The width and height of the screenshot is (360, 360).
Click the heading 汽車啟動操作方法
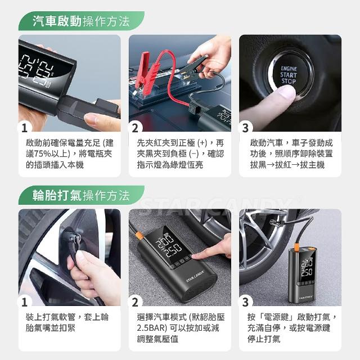(x=81, y=21)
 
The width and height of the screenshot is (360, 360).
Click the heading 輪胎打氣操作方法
(x=81, y=196)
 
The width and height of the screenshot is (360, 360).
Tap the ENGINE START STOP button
(x=289, y=75)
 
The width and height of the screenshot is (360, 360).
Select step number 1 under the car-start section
(x=24, y=128)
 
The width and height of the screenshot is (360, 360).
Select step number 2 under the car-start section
(x=135, y=128)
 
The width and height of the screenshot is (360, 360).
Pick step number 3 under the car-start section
(x=245, y=128)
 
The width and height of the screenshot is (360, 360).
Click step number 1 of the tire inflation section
(x=24, y=302)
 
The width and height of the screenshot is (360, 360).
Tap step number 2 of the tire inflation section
(x=135, y=302)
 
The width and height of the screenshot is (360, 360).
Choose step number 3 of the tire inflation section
(x=245, y=302)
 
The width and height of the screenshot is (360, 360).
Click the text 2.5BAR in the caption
(x=151, y=328)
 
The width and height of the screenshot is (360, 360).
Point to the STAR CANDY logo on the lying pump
(x=195, y=276)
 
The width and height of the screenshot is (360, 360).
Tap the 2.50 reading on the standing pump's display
(x=307, y=272)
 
